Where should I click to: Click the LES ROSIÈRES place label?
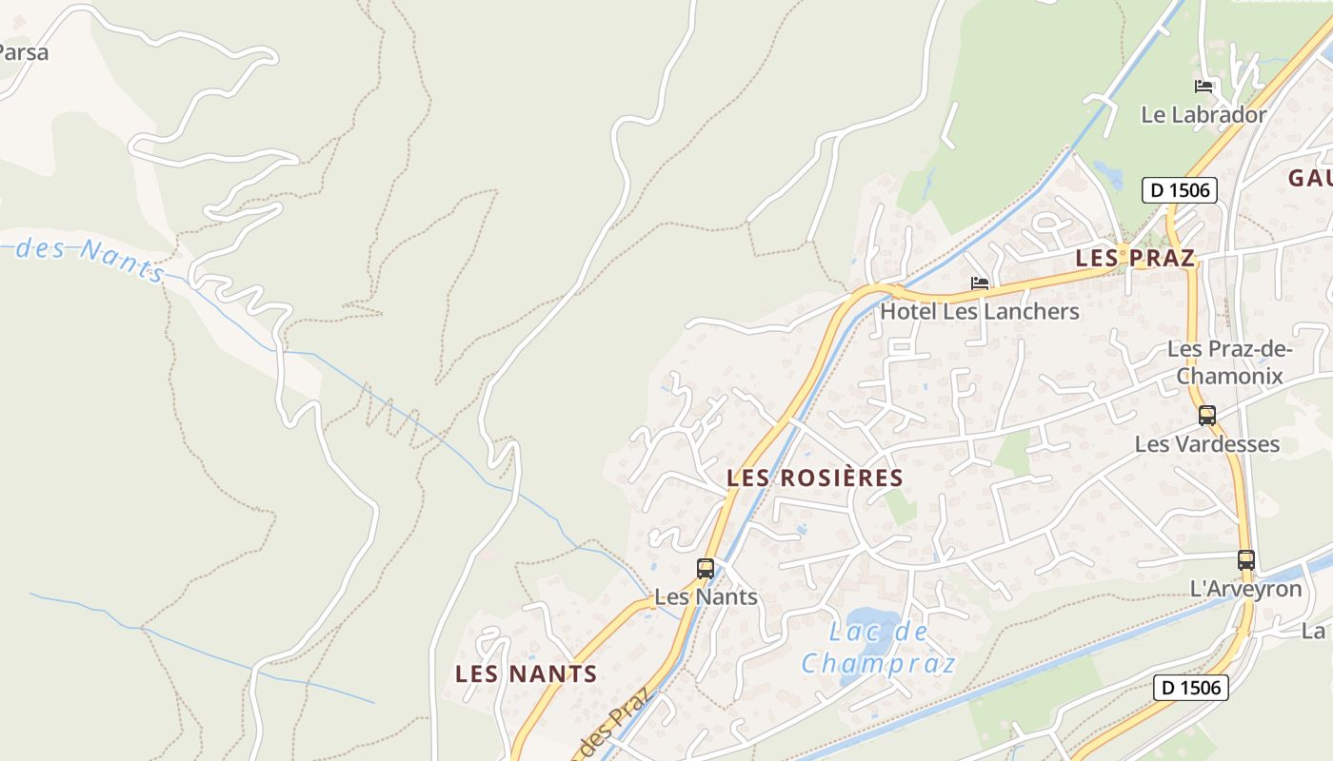815,478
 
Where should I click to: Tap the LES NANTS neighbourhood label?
526,674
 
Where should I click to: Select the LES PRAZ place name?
1134,258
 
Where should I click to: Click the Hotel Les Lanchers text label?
979,311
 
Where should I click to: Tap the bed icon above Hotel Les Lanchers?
979,283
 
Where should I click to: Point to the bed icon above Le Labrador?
1204,87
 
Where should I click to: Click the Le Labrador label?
1204,115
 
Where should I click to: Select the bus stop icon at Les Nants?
706,569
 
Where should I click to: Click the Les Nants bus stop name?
706,597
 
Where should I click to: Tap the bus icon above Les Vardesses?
1207,416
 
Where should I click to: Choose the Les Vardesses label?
1207,444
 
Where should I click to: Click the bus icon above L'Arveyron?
1245,560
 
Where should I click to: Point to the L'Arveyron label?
1245,589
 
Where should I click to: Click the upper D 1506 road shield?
1180,190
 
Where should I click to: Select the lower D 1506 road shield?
1191,687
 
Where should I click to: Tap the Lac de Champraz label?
878,647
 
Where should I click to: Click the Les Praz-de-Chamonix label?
1229,362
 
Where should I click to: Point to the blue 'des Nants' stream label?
90,256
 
